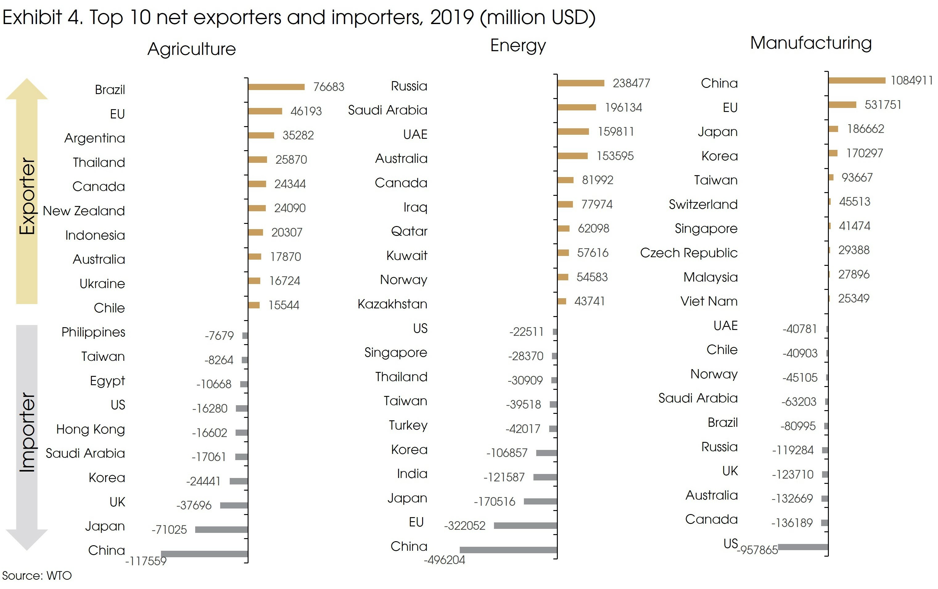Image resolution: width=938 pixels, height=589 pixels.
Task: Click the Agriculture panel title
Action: pyautogui.click(x=192, y=49)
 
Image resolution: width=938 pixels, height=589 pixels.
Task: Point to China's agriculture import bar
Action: pyautogui.click(x=204, y=554)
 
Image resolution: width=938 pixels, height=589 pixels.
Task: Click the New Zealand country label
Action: pyautogui.click(x=84, y=211)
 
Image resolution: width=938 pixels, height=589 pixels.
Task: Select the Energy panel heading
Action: pyautogui.click(x=518, y=46)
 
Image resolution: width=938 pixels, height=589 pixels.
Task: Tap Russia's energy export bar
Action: pyautogui.click(x=581, y=83)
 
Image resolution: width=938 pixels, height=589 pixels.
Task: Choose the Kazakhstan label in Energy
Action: pyautogui.click(x=392, y=304)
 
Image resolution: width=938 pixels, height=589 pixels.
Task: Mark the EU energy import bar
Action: pyautogui.click(x=525, y=525)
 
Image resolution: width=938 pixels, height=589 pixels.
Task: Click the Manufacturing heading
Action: pyautogui.click(x=811, y=43)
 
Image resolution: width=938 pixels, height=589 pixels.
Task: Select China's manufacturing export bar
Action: pyautogui.click(x=857, y=80)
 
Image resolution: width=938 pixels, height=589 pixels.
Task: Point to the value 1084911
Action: pyautogui.click(x=911, y=80)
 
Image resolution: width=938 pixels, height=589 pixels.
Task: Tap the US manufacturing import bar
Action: pyautogui.click(x=803, y=547)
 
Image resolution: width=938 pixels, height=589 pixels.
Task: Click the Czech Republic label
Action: pyautogui.click(x=689, y=253)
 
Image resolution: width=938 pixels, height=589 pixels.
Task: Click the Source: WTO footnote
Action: pyautogui.click(x=37, y=575)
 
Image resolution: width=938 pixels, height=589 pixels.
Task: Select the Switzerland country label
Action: pyautogui.click(x=703, y=204)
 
